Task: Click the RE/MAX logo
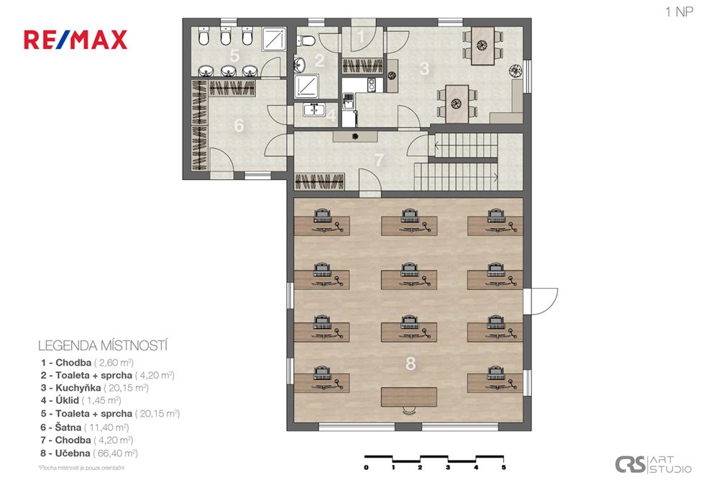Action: click(x=75, y=39)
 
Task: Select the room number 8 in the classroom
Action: click(x=411, y=364)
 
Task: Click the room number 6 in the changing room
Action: click(x=239, y=125)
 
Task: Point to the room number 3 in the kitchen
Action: click(x=424, y=68)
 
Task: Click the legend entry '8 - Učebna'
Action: click(x=91, y=453)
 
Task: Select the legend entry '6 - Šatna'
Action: click(x=86, y=427)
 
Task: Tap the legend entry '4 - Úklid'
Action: click(x=81, y=400)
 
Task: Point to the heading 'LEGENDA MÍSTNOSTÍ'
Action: click(x=102, y=345)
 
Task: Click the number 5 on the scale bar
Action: click(x=503, y=468)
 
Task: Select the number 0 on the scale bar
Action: click(x=366, y=468)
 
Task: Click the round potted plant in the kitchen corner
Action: click(x=515, y=71)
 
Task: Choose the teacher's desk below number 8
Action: click(x=410, y=397)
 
